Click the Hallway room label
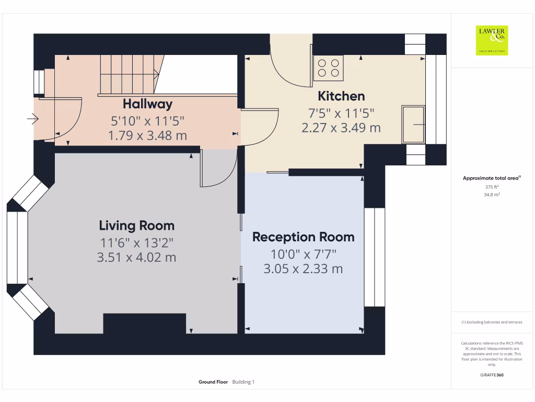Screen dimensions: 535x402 pos(147,104)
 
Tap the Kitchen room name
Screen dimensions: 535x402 pos(341,96)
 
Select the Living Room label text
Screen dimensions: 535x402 pos(136,226)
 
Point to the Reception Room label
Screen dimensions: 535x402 pos(304,237)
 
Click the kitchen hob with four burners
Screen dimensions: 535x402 pos(328,68)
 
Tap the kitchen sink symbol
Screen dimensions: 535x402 pos(413,125)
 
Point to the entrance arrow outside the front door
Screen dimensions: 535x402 pos(33,119)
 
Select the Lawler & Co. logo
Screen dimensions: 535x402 pos(492,40)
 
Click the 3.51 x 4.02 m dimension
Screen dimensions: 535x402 pos(136,257)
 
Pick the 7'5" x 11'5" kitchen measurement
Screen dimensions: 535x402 pos(341,113)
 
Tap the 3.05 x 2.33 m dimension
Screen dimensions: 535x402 pos(303,269)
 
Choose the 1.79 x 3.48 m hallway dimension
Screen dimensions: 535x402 pos(147,136)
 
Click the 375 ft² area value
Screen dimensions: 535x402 pos(492,187)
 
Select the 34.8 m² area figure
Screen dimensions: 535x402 pos(492,195)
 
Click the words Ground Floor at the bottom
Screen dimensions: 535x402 pos(213,382)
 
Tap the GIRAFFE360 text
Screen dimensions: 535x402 pos(492,375)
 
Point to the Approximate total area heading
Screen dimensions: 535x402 pos(492,178)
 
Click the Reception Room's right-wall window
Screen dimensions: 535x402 pos(374,257)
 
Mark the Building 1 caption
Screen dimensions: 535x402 pos(243,382)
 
